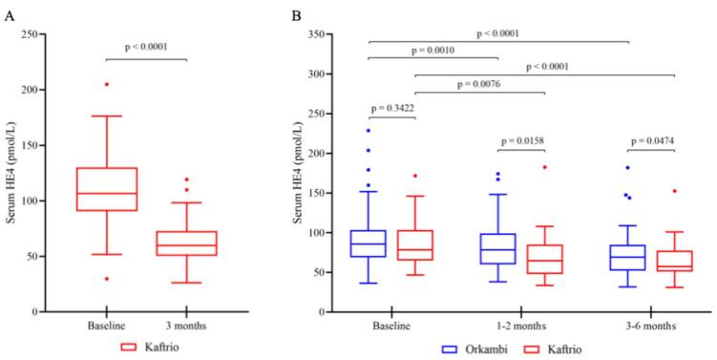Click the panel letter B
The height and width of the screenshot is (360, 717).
point(297,14)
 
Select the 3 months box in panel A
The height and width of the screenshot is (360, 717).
point(187,243)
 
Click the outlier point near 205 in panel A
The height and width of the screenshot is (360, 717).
point(106,84)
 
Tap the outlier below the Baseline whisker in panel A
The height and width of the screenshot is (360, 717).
point(106,278)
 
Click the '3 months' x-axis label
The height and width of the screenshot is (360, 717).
point(187,325)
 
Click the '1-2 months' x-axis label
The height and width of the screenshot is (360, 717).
point(522,325)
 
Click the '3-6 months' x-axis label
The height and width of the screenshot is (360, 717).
point(652,325)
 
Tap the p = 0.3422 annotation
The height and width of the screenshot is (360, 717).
point(390,106)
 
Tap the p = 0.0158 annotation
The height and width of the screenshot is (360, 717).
point(522,139)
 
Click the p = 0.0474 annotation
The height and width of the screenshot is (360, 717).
point(652,139)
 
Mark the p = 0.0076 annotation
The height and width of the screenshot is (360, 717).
point(480,82)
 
